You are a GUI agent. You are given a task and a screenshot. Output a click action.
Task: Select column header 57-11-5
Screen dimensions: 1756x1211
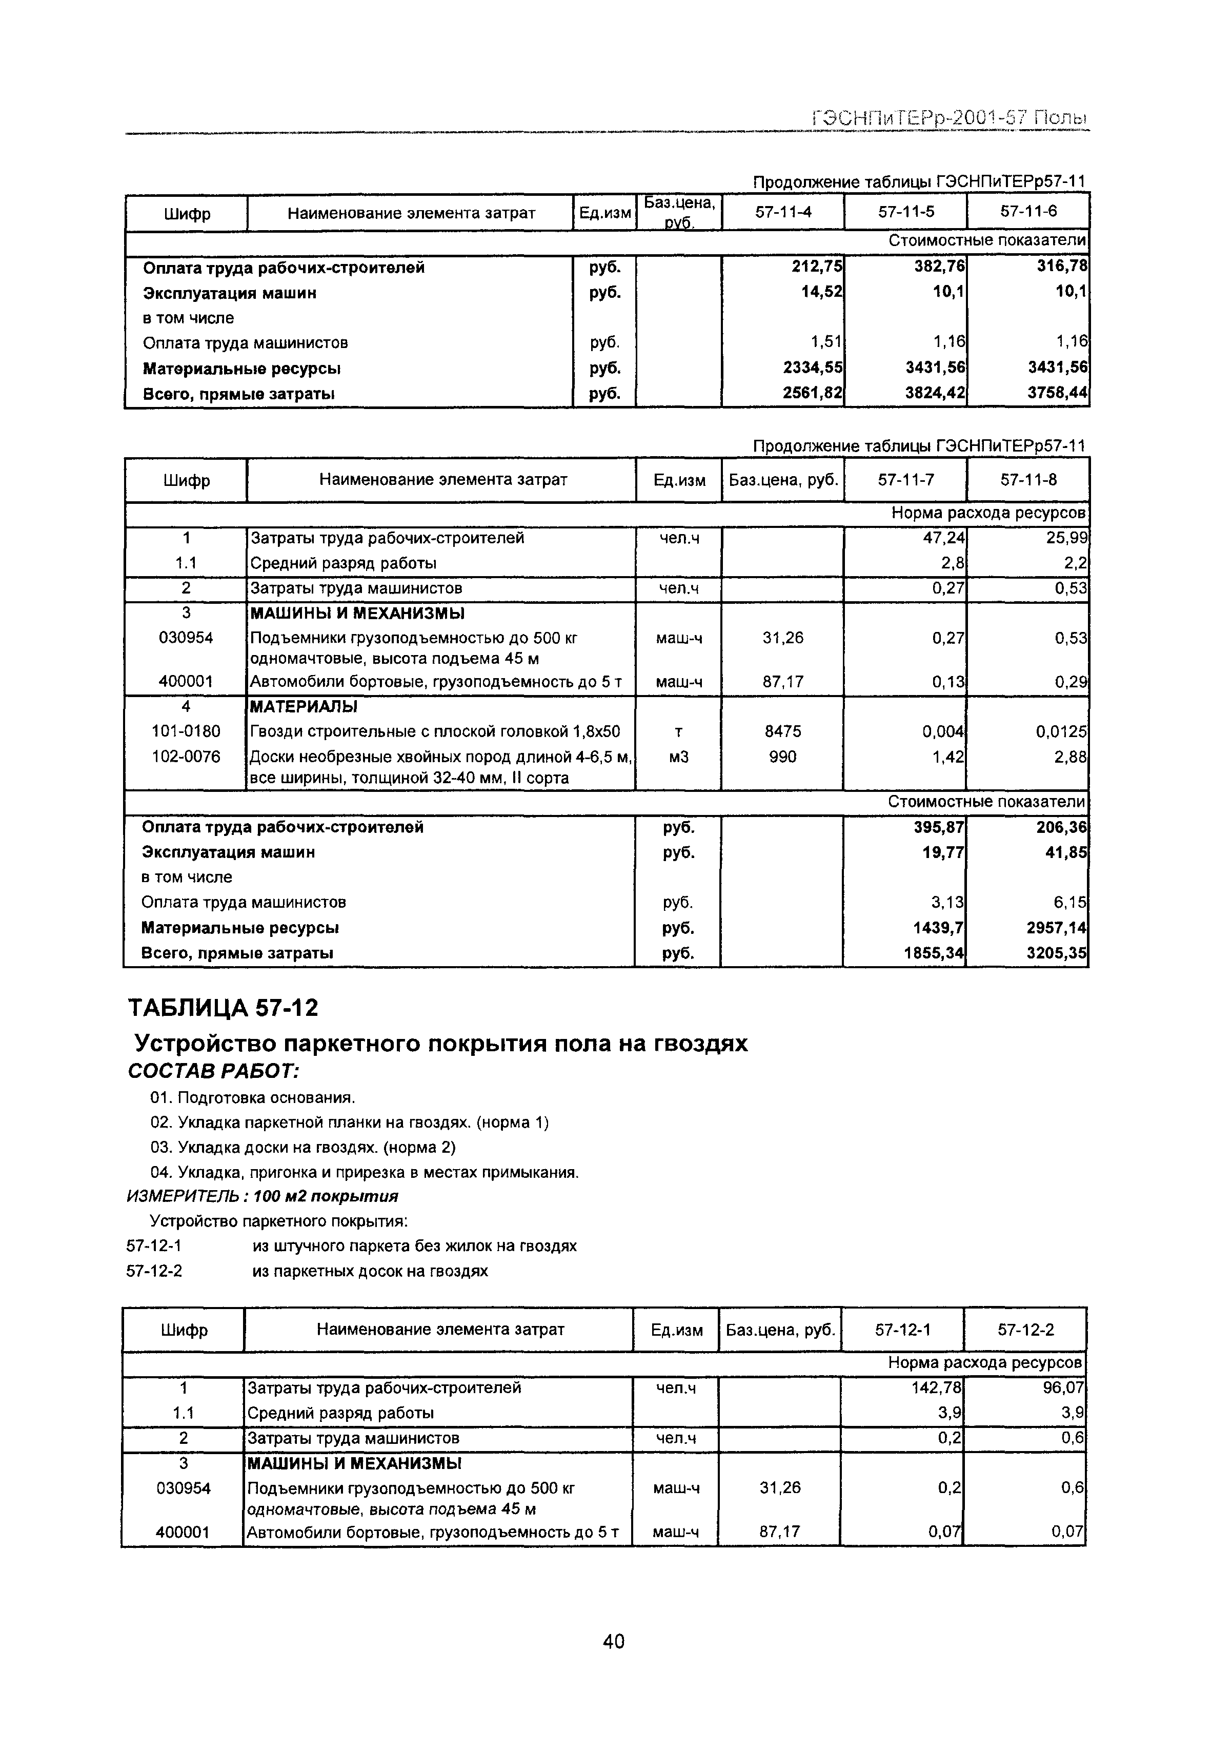pyautogui.click(x=905, y=212)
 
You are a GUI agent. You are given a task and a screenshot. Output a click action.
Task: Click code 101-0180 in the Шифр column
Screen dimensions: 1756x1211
pyautogui.click(x=186, y=731)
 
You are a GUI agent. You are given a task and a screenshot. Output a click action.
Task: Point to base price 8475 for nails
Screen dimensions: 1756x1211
pyautogui.click(x=782, y=731)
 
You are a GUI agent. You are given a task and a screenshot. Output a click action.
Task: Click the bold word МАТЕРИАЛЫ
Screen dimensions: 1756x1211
pyautogui.click(x=302, y=707)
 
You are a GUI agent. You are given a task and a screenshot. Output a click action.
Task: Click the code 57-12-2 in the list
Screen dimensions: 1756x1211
pyautogui.click(x=154, y=1271)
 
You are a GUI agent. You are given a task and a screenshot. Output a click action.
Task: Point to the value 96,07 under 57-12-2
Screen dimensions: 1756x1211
pyautogui.click(x=1064, y=1388)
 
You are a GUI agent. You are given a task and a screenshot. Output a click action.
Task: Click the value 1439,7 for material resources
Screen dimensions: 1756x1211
pyautogui.click(x=939, y=928)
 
